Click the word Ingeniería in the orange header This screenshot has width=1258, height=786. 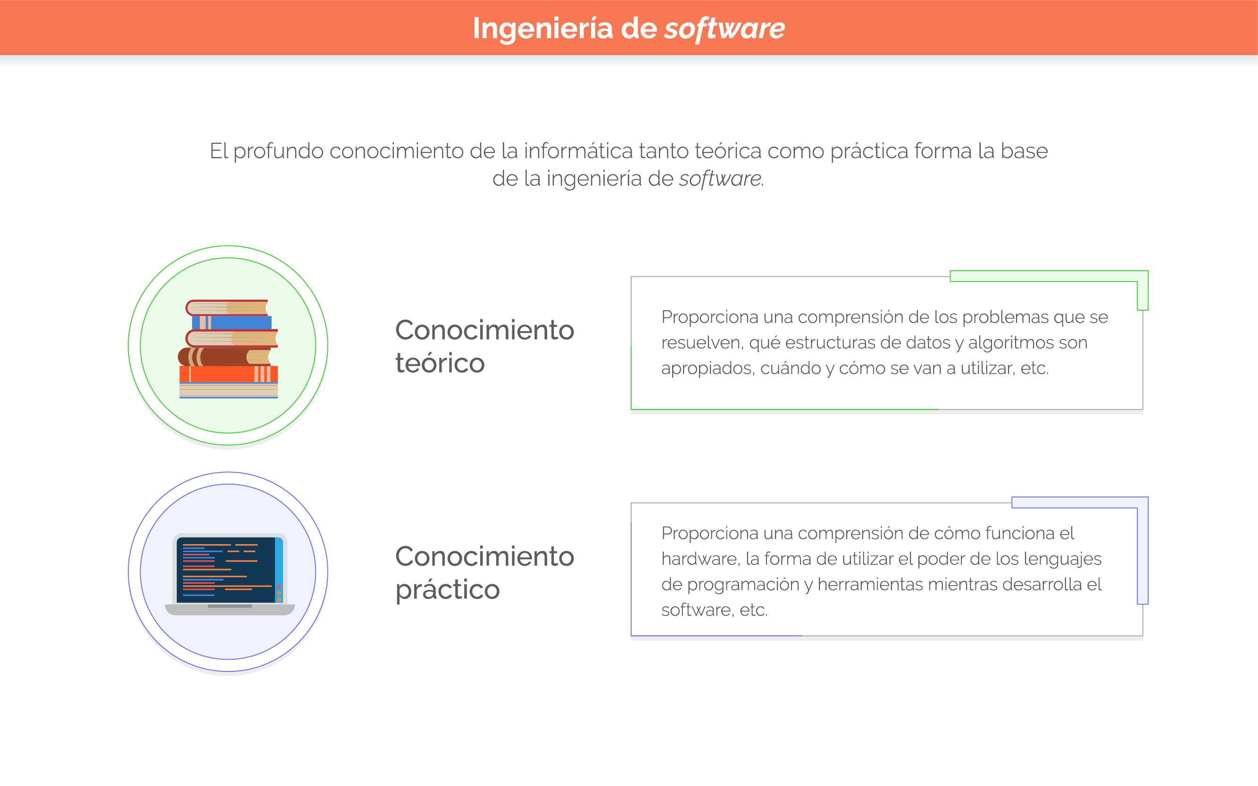point(542,29)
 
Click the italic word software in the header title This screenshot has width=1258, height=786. point(725,29)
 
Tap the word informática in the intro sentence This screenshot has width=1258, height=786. point(578,151)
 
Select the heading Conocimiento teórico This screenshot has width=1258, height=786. point(485,346)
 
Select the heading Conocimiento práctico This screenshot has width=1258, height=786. point(485,573)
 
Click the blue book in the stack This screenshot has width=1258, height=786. point(232,323)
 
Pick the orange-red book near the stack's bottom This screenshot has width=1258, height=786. point(228,374)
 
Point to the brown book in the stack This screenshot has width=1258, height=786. point(224,356)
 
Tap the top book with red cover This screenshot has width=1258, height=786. point(227,308)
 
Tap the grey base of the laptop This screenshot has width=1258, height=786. point(230,610)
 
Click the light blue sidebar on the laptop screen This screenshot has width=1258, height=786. point(279,570)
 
